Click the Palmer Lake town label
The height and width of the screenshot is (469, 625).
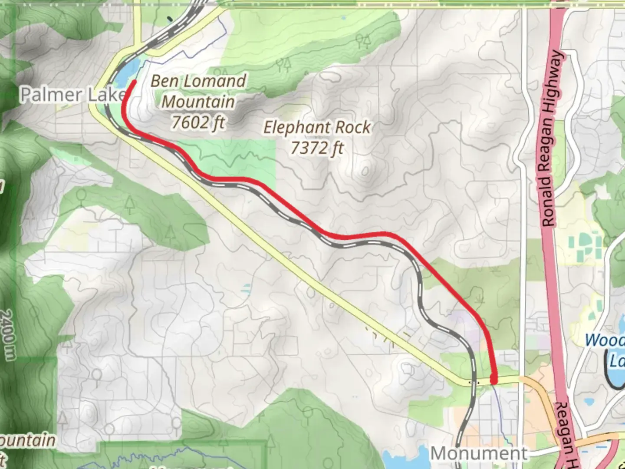click(x=72, y=95)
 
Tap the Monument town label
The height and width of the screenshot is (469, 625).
click(x=479, y=454)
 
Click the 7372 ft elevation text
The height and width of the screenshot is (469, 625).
click(x=317, y=149)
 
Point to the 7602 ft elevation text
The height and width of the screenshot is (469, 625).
click(x=198, y=122)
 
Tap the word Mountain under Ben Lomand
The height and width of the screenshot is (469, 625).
click(x=198, y=102)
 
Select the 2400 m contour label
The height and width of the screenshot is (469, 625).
click(x=7, y=334)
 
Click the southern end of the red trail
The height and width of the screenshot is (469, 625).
click(x=493, y=380)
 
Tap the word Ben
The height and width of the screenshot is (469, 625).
click(x=164, y=81)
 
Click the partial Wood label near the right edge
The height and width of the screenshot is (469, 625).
click(x=605, y=340)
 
